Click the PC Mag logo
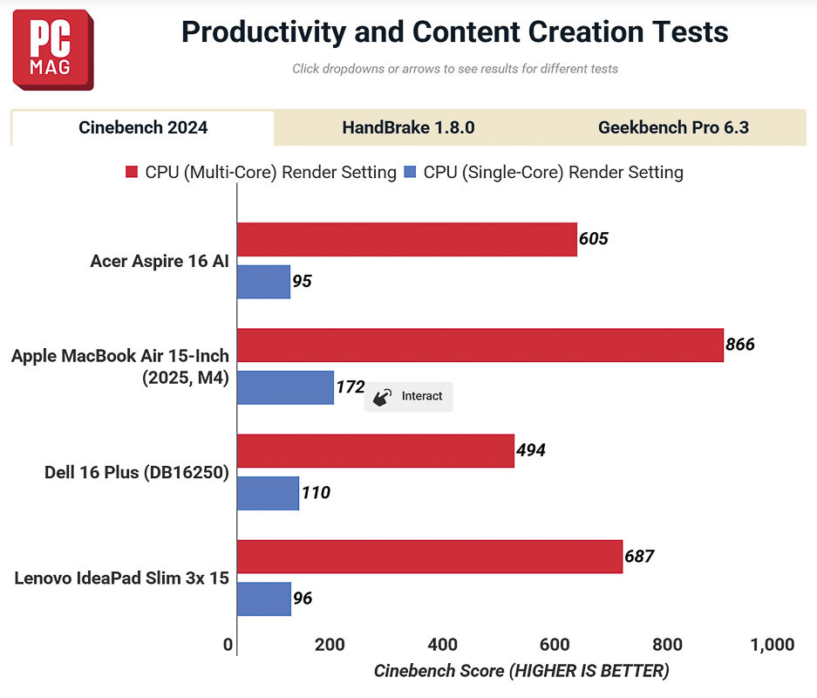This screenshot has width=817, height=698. click(52, 49)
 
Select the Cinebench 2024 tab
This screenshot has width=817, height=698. click(143, 128)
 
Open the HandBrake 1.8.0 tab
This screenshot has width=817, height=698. click(408, 128)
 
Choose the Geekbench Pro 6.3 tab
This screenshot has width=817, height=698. click(673, 128)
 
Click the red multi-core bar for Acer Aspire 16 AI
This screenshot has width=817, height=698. click(406, 239)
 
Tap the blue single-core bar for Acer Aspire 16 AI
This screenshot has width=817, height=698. click(263, 282)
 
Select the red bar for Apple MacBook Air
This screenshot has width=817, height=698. click(480, 345)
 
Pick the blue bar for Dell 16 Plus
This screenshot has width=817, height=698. click(268, 493)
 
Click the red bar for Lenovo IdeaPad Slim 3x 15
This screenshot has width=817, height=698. click(429, 556)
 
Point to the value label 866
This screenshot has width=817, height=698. click(740, 345)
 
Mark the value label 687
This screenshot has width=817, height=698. click(639, 556)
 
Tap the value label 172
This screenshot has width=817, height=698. click(350, 387)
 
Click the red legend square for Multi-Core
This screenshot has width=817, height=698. click(132, 173)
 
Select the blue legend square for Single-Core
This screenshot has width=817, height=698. click(411, 173)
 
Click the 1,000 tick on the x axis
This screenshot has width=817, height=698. click(772, 646)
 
